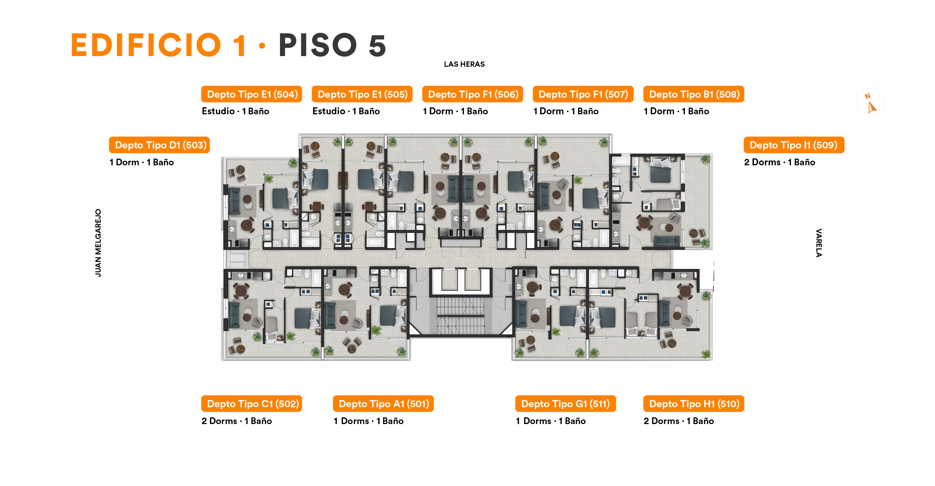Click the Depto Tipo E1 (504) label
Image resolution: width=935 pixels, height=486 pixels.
pos(252,94)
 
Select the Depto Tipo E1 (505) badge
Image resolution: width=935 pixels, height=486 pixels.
pos(362,94)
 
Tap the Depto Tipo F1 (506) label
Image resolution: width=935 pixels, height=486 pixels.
pos(473,94)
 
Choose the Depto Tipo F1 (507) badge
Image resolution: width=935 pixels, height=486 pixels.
pos(583,94)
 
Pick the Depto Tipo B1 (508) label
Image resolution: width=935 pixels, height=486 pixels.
pos(694,94)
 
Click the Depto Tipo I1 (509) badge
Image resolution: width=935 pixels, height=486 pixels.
pos(794,145)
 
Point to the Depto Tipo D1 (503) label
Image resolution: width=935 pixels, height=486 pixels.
pos(159,145)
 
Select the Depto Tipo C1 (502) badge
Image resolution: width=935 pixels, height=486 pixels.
pos(252,404)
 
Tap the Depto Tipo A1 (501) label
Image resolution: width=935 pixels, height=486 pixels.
pos(383,404)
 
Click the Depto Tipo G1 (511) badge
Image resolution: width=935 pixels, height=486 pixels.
pos(566,404)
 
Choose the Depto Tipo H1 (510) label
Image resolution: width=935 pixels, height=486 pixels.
pos(694,404)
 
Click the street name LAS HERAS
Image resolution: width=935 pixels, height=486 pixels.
pos(464,64)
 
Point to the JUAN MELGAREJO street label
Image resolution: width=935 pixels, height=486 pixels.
pos(98,243)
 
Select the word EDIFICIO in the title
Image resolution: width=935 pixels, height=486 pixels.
pos(146,45)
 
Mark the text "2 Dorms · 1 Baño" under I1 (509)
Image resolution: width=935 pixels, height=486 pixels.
pos(780,162)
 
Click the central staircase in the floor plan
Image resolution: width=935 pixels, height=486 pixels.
pos(460,316)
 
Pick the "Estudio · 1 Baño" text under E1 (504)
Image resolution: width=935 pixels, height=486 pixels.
pos(236,111)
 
